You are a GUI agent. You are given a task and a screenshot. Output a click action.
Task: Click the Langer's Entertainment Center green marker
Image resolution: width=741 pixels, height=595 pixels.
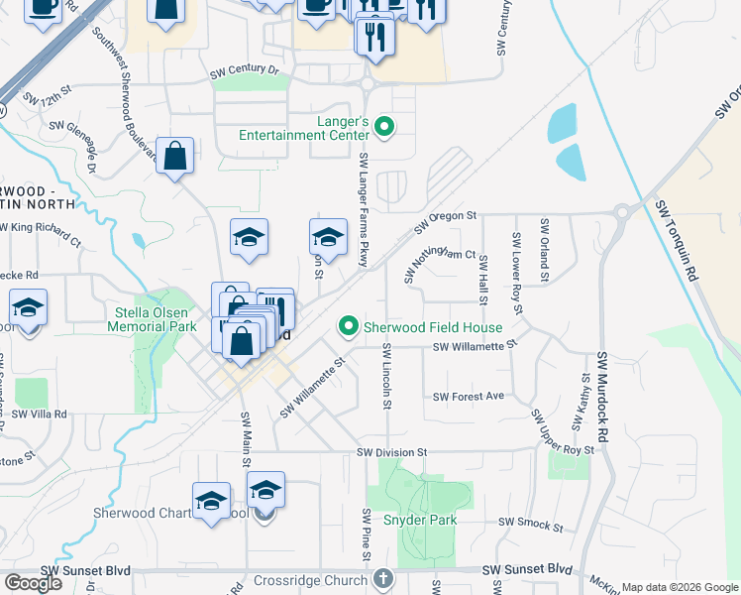click(386, 126)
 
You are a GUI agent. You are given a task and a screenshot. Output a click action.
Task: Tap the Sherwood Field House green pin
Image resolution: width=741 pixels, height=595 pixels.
click(348, 326)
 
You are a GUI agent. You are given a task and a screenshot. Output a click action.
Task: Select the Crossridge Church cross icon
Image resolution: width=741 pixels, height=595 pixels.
click(383, 578)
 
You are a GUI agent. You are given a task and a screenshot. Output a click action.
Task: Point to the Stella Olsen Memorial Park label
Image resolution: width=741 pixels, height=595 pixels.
click(152, 318)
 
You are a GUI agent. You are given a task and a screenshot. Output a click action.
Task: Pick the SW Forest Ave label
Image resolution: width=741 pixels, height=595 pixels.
click(469, 396)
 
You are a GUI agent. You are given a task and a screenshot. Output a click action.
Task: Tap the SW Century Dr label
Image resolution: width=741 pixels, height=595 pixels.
click(245, 71)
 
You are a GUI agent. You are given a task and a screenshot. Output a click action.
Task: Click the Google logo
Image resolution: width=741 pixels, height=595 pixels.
click(33, 583)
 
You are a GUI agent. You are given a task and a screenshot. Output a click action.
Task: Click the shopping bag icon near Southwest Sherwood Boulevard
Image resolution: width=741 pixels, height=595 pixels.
click(174, 156)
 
